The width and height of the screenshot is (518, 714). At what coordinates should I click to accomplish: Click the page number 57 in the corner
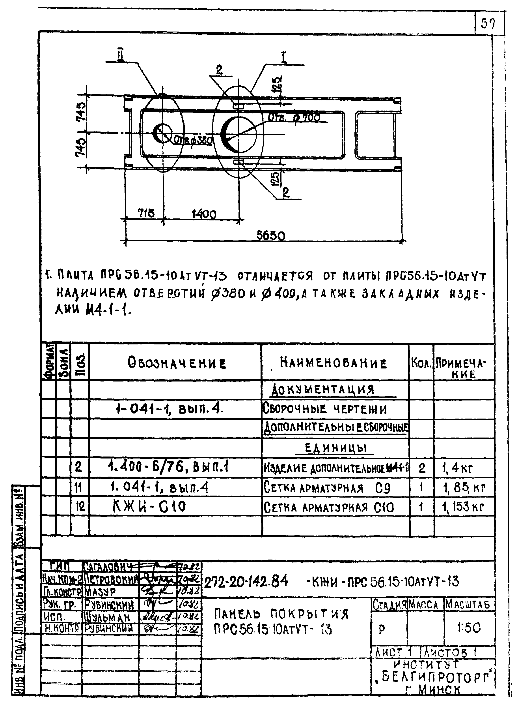pos(489,24)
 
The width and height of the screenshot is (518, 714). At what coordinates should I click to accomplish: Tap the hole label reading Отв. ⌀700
pos(294,118)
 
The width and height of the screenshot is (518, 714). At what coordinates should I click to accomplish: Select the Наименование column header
pos(333,364)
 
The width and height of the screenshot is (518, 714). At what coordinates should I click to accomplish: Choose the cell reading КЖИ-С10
pos(149,507)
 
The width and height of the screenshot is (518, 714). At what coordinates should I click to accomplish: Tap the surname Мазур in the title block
pos(100,592)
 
